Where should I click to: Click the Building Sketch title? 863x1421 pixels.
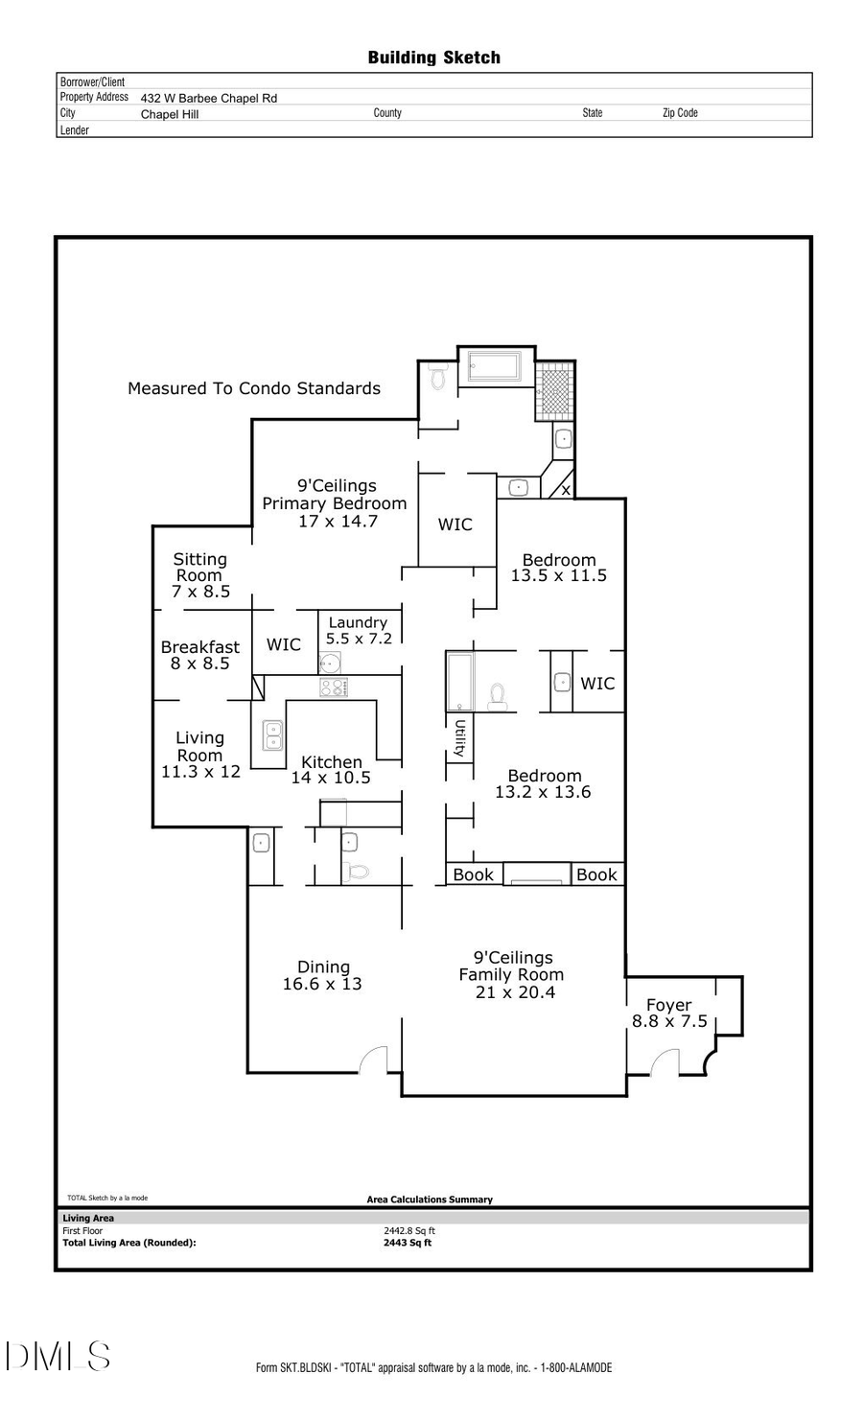[433, 58]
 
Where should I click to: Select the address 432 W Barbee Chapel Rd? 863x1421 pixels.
[208, 98]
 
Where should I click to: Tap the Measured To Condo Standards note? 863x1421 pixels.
[254, 388]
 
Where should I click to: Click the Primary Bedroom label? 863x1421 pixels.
[335, 503]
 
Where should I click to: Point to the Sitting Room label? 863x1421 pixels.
[200, 568]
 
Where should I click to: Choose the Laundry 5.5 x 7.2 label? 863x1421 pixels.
[358, 630]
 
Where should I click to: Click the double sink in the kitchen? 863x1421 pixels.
[272, 735]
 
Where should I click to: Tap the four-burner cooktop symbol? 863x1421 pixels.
[334, 687]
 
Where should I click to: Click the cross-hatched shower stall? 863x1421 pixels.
[554, 390]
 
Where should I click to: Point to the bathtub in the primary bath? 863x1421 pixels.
[494, 366]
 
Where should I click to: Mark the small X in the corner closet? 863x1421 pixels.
[566, 490]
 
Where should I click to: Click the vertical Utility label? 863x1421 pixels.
[460, 738]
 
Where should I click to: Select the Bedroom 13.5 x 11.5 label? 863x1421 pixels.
[558, 568]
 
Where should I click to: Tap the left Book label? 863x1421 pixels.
[473, 874]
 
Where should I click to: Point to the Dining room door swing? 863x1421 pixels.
[373, 1059]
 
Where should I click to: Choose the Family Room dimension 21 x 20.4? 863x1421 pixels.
[515, 992]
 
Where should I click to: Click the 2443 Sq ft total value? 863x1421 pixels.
[408, 1243]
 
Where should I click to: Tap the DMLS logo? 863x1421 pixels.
[58, 1356]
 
